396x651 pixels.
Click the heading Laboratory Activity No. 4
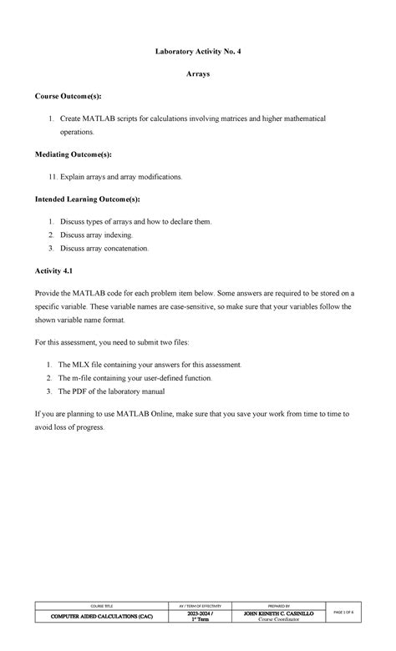tap(197, 52)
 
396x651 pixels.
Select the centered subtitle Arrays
tap(197, 74)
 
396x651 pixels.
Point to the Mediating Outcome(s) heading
tap(74, 154)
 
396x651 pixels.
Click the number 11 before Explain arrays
tap(51, 177)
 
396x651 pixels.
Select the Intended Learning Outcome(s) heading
tap(88, 199)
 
